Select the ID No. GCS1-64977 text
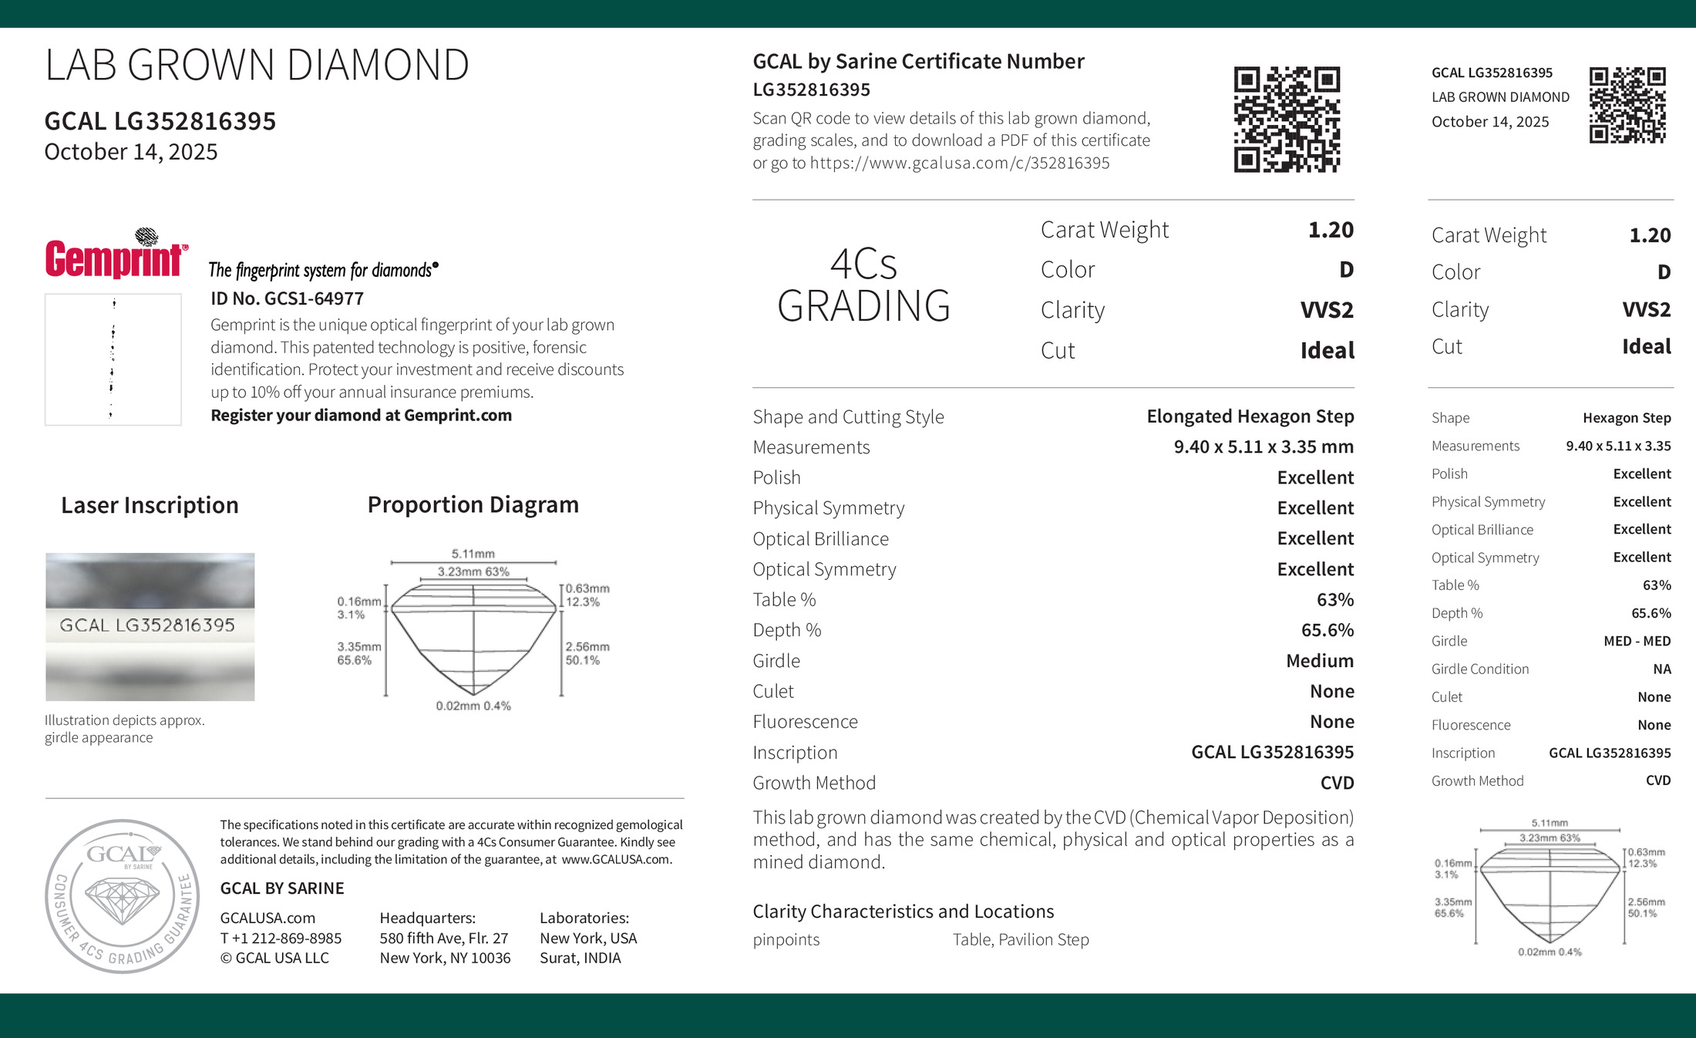coord(287,298)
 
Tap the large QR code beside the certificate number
coord(1287,120)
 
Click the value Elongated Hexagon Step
coord(1250,416)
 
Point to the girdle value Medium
coord(1320,661)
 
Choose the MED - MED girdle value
coord(1637,641)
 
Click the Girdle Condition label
coord(1479,669)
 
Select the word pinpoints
coord(786,939)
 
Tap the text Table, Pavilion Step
coord(1021,939)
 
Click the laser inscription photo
coord(150,626)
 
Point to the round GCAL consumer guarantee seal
coord(123,896)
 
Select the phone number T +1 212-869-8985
coord(281,938)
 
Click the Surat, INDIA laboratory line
coord(580,958)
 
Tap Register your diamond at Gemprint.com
coord(361,415)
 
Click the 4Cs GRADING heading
coord(863,285)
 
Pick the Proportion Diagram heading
coord(473,504)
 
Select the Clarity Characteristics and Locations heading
coord(903,911)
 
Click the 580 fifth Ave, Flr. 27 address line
coord(443,938)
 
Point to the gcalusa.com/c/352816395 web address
coord(960,163)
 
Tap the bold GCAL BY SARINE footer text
coord(282,888)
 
